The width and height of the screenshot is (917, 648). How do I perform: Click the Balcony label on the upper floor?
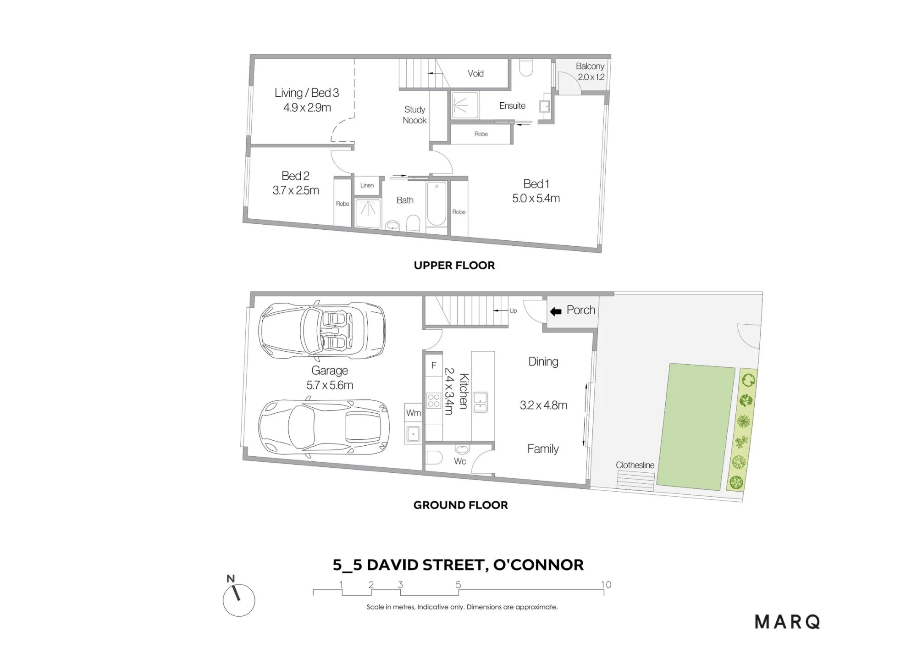(x=590, y=66)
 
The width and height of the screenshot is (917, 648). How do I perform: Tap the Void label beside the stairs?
(x=475, y=73)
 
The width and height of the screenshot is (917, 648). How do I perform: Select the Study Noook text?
(x=414, y=115)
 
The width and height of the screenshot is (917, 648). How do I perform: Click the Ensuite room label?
(x=512, y=105)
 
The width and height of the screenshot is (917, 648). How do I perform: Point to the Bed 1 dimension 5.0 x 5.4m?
(x=536, y=198)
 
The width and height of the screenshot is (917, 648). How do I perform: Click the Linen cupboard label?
(x=367, y=185)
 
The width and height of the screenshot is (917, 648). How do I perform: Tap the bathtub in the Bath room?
(x=436, y=204)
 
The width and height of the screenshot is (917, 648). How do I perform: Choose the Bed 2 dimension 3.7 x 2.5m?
(x=296, y=190)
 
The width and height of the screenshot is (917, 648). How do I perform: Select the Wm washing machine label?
(x=413, y=413)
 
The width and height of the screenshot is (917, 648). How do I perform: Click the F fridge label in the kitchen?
(x=434, y=366)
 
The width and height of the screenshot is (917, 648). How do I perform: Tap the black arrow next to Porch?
(x=556, y=312)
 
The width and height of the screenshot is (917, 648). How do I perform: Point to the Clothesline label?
(x=635, y=465)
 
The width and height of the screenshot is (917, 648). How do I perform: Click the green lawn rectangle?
(x=696, y=427)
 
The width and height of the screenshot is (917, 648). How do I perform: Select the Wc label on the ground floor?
(x=460, y=461)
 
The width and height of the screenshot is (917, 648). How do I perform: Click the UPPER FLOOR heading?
(x=454, y=266)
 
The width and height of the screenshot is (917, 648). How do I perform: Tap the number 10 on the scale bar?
(x=606, y=585)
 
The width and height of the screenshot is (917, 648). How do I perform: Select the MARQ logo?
(x=787, y=622)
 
